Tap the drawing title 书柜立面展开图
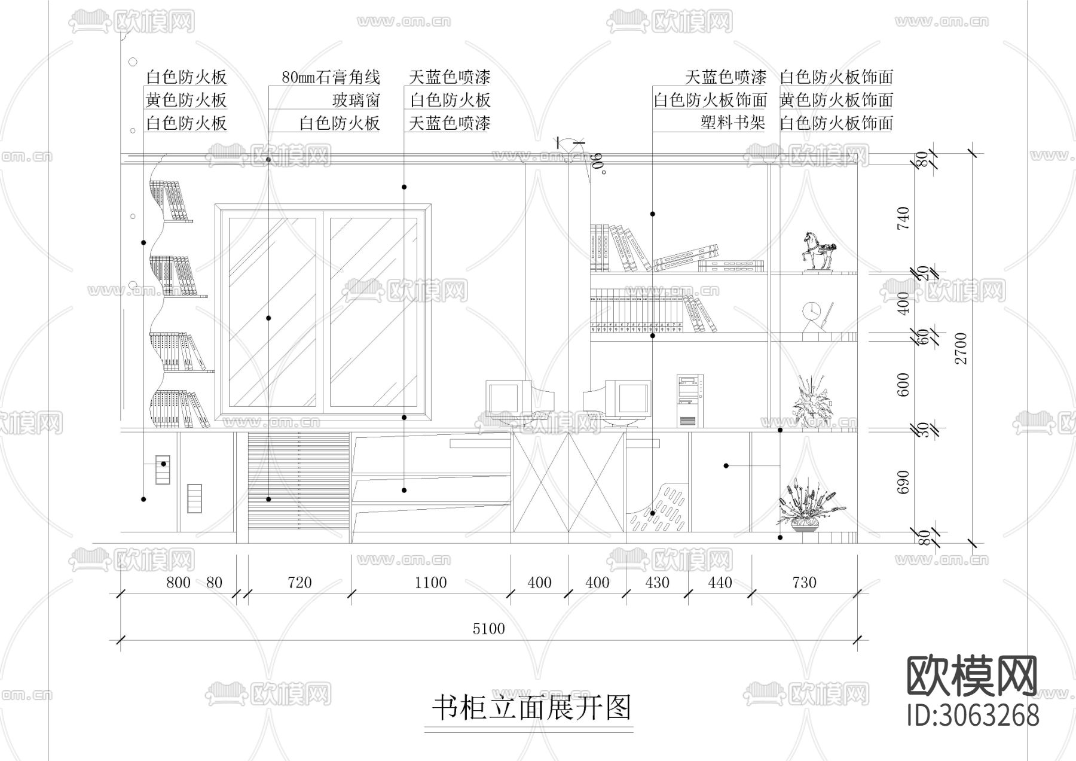click(531, 708)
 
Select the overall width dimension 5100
click(489, 628)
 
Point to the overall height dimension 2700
click(961, 349)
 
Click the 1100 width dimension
click(430, 582)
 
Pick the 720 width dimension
click(299, 582)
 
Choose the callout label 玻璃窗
click(356, 100)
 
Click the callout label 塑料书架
click(733, 123)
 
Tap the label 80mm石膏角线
click(331, 77)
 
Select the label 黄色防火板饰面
click(836, 100)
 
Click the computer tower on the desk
click(690, 400)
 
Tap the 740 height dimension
click(903, 218)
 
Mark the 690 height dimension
click(903, 482)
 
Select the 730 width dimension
click(804, 582)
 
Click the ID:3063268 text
click(973, 716)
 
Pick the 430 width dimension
click(658, 582)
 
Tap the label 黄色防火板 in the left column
click(187, 100)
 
